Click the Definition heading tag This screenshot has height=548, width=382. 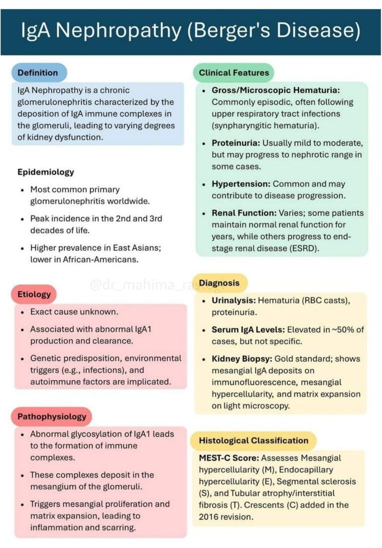38,73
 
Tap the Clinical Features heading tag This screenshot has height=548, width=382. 234,73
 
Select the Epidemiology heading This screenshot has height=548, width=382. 46,172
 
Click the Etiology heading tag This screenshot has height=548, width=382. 34,294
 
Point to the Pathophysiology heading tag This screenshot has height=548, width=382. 52,416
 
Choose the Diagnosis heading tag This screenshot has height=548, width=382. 219,283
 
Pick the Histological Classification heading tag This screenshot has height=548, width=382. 254,440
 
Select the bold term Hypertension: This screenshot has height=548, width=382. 241,184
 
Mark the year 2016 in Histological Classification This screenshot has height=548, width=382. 209,517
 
